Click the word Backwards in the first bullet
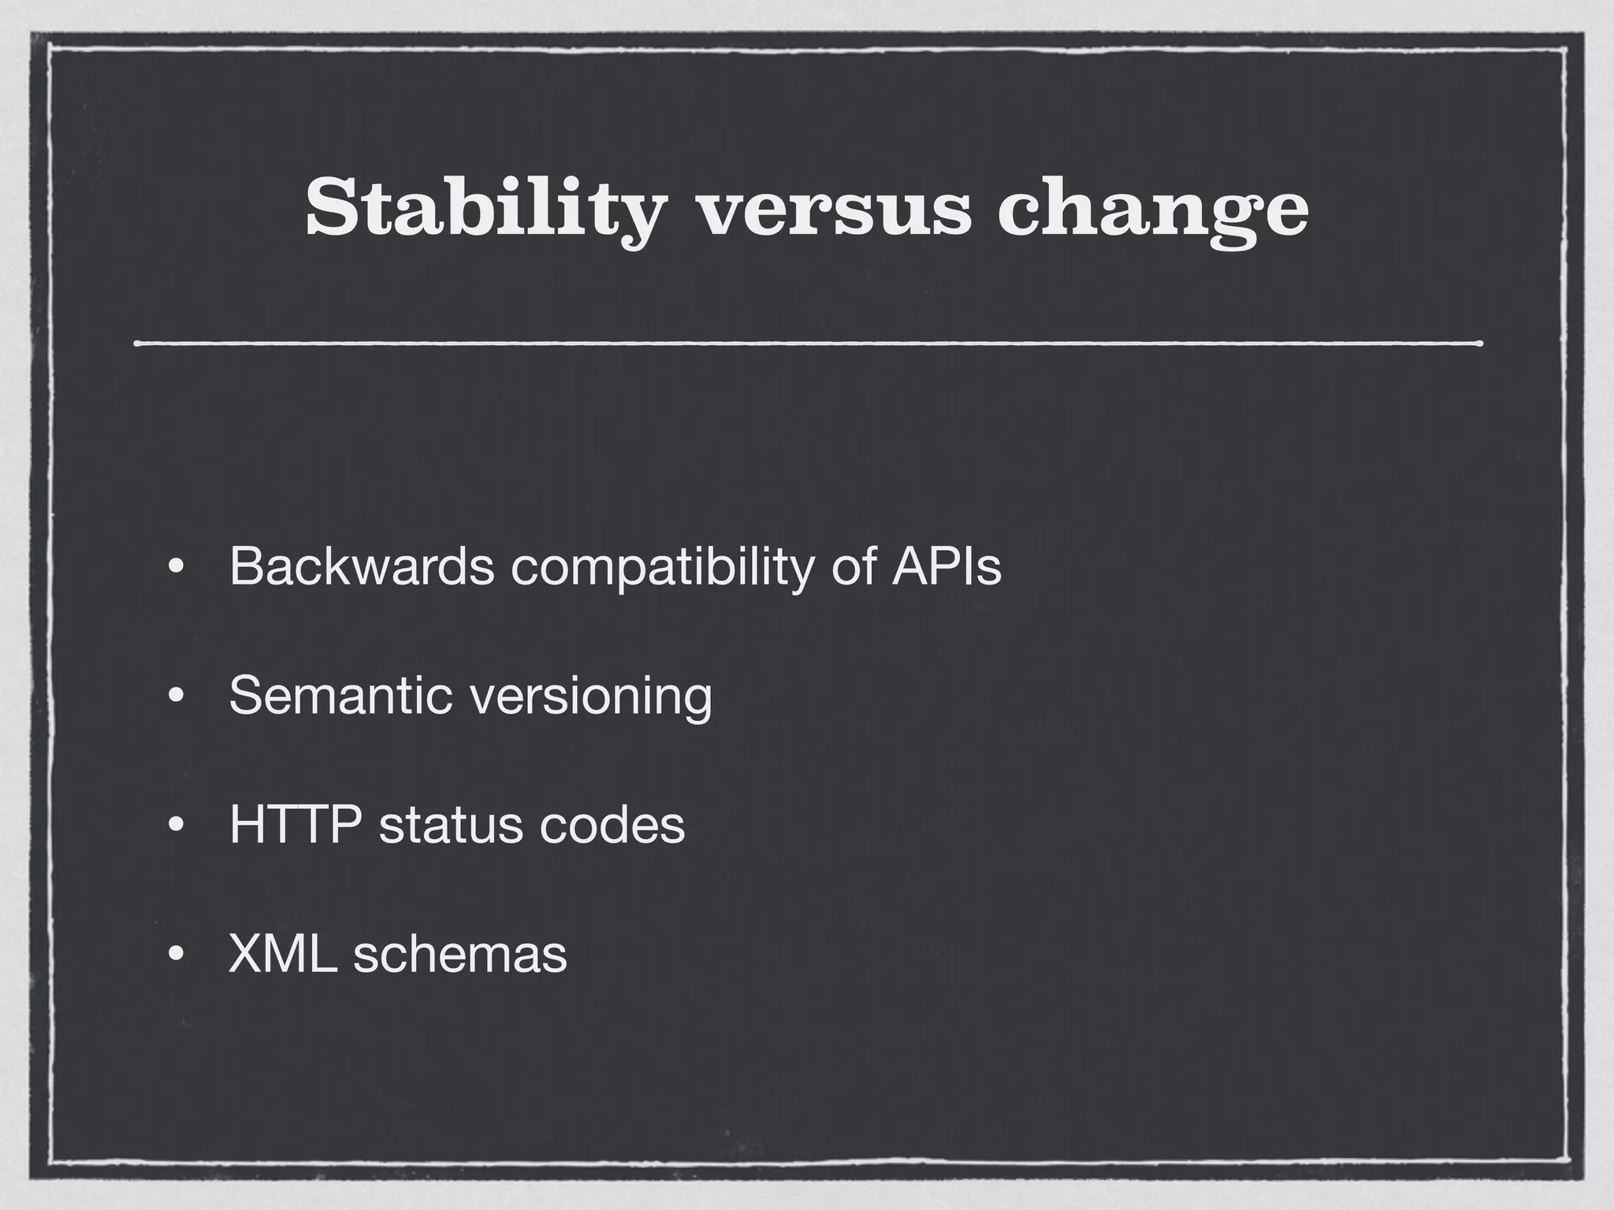[362, 566]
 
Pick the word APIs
[946, 566]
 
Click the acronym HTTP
[296, 825]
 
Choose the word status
[448, 825]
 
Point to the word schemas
[460, 954]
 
